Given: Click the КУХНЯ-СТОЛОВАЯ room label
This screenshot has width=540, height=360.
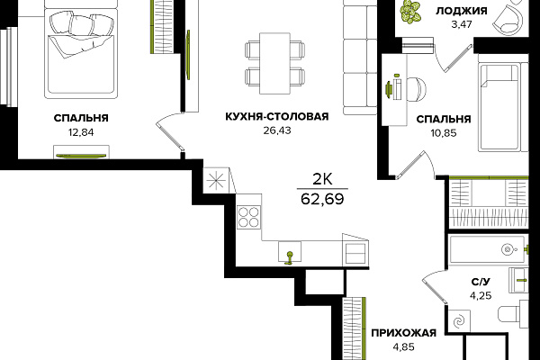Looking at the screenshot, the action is click(277, 116).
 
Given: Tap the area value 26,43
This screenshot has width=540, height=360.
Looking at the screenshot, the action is click(277, 130).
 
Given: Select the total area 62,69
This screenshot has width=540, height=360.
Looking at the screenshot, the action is click(322, 199).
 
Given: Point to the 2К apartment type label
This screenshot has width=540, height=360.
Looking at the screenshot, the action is click(322, 179).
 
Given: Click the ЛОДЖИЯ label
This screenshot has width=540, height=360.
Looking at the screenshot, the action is click(462, 11).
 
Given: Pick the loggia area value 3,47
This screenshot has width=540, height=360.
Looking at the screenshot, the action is click(462, 24).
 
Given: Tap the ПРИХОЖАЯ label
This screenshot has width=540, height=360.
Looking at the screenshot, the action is click(403, 333).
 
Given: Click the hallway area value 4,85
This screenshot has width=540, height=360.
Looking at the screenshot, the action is click(403, 346).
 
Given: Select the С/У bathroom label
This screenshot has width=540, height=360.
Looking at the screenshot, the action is click(481, 282).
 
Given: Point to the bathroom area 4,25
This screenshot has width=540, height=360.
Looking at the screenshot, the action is click(481, 295).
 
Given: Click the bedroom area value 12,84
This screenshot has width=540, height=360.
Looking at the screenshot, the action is click(81, 132).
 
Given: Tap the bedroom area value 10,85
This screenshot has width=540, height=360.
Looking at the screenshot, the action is click(444, 133).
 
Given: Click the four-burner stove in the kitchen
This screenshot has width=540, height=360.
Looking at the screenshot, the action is click(248, 217).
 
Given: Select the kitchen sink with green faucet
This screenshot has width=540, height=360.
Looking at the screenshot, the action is click(290, 252).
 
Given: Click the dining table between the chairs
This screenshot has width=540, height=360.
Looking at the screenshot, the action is click(274, 63).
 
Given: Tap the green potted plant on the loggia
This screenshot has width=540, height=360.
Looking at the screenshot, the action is click(411, 12).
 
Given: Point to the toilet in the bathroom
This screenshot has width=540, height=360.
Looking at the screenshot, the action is click(513, 314).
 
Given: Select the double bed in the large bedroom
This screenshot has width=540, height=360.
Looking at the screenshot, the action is click(81, 51).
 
